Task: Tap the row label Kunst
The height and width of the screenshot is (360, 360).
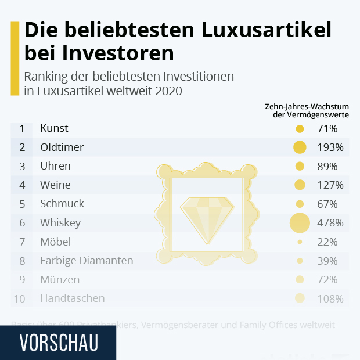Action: tap(54, 128)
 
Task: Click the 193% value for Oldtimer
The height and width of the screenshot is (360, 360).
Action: tap(330, 147)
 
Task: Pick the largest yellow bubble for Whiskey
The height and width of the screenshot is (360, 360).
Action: tap(300, 222)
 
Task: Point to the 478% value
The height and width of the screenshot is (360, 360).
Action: tap(330, 223)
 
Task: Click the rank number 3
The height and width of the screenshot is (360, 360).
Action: tap(22, 166)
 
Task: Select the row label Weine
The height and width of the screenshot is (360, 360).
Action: tap(55, 185)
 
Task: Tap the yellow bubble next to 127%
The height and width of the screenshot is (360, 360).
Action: tap(300, 185)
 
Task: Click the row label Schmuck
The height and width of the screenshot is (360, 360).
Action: tap(62, 204)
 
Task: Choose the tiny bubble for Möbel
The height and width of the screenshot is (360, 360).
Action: tap(300, 242)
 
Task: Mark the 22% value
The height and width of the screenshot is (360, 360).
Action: tap(327, 242)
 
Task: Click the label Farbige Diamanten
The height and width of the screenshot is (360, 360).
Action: tap(87, 261)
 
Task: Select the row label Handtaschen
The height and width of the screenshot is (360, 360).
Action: tap(73, 298)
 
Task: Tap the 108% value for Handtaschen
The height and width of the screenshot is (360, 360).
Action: tap(330, 299)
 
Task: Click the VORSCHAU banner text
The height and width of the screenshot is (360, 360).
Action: tap(58, 342)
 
